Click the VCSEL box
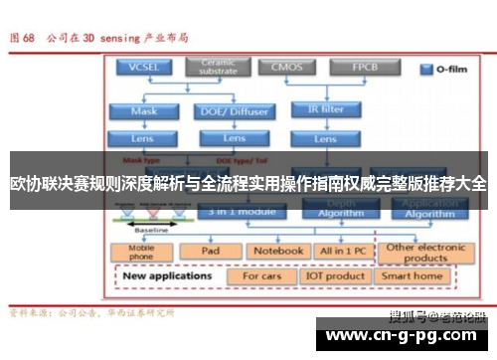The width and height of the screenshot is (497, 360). click(x=143, y=68)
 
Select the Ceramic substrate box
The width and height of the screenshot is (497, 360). click(x=219, y=68)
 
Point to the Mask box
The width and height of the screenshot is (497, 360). click(x=143, y=111)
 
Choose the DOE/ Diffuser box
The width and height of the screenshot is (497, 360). click(x=233, y=111)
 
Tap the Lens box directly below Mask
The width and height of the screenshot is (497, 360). click(x=143, y=137)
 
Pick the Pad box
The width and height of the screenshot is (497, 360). click(x=210, y=251)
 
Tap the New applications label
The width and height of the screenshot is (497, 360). click(x=169, y=275)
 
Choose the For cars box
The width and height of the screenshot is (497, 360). click(x=262, y=275)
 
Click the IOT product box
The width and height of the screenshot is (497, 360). click(x=334, y=275)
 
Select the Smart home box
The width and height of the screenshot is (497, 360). click(x=412, y=275)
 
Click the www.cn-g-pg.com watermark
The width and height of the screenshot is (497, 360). click(x=403, y=335)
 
